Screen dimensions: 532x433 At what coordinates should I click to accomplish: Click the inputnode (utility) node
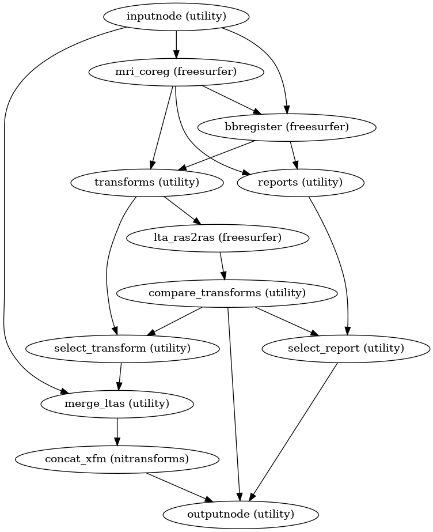coord(176,17)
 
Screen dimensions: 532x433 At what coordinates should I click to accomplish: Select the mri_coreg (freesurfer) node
coord(176,72)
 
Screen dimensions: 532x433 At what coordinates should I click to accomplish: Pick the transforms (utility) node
coord(146,183)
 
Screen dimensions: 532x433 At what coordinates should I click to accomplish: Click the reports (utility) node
coord(301,183)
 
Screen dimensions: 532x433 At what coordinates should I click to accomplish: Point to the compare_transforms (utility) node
coord(227,293)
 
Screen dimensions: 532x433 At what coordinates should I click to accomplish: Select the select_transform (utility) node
coord(122,348)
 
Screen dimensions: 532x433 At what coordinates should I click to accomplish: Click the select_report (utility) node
coord(345,348)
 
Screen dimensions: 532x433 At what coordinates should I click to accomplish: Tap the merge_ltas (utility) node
coord(117,403)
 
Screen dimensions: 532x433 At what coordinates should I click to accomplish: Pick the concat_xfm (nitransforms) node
coord(117,459)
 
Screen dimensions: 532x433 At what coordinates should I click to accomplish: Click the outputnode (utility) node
coord(241,514)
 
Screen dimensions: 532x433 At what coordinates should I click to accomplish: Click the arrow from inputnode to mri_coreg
coord(176,44)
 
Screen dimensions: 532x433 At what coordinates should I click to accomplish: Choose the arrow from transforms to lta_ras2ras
coord(182,210)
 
